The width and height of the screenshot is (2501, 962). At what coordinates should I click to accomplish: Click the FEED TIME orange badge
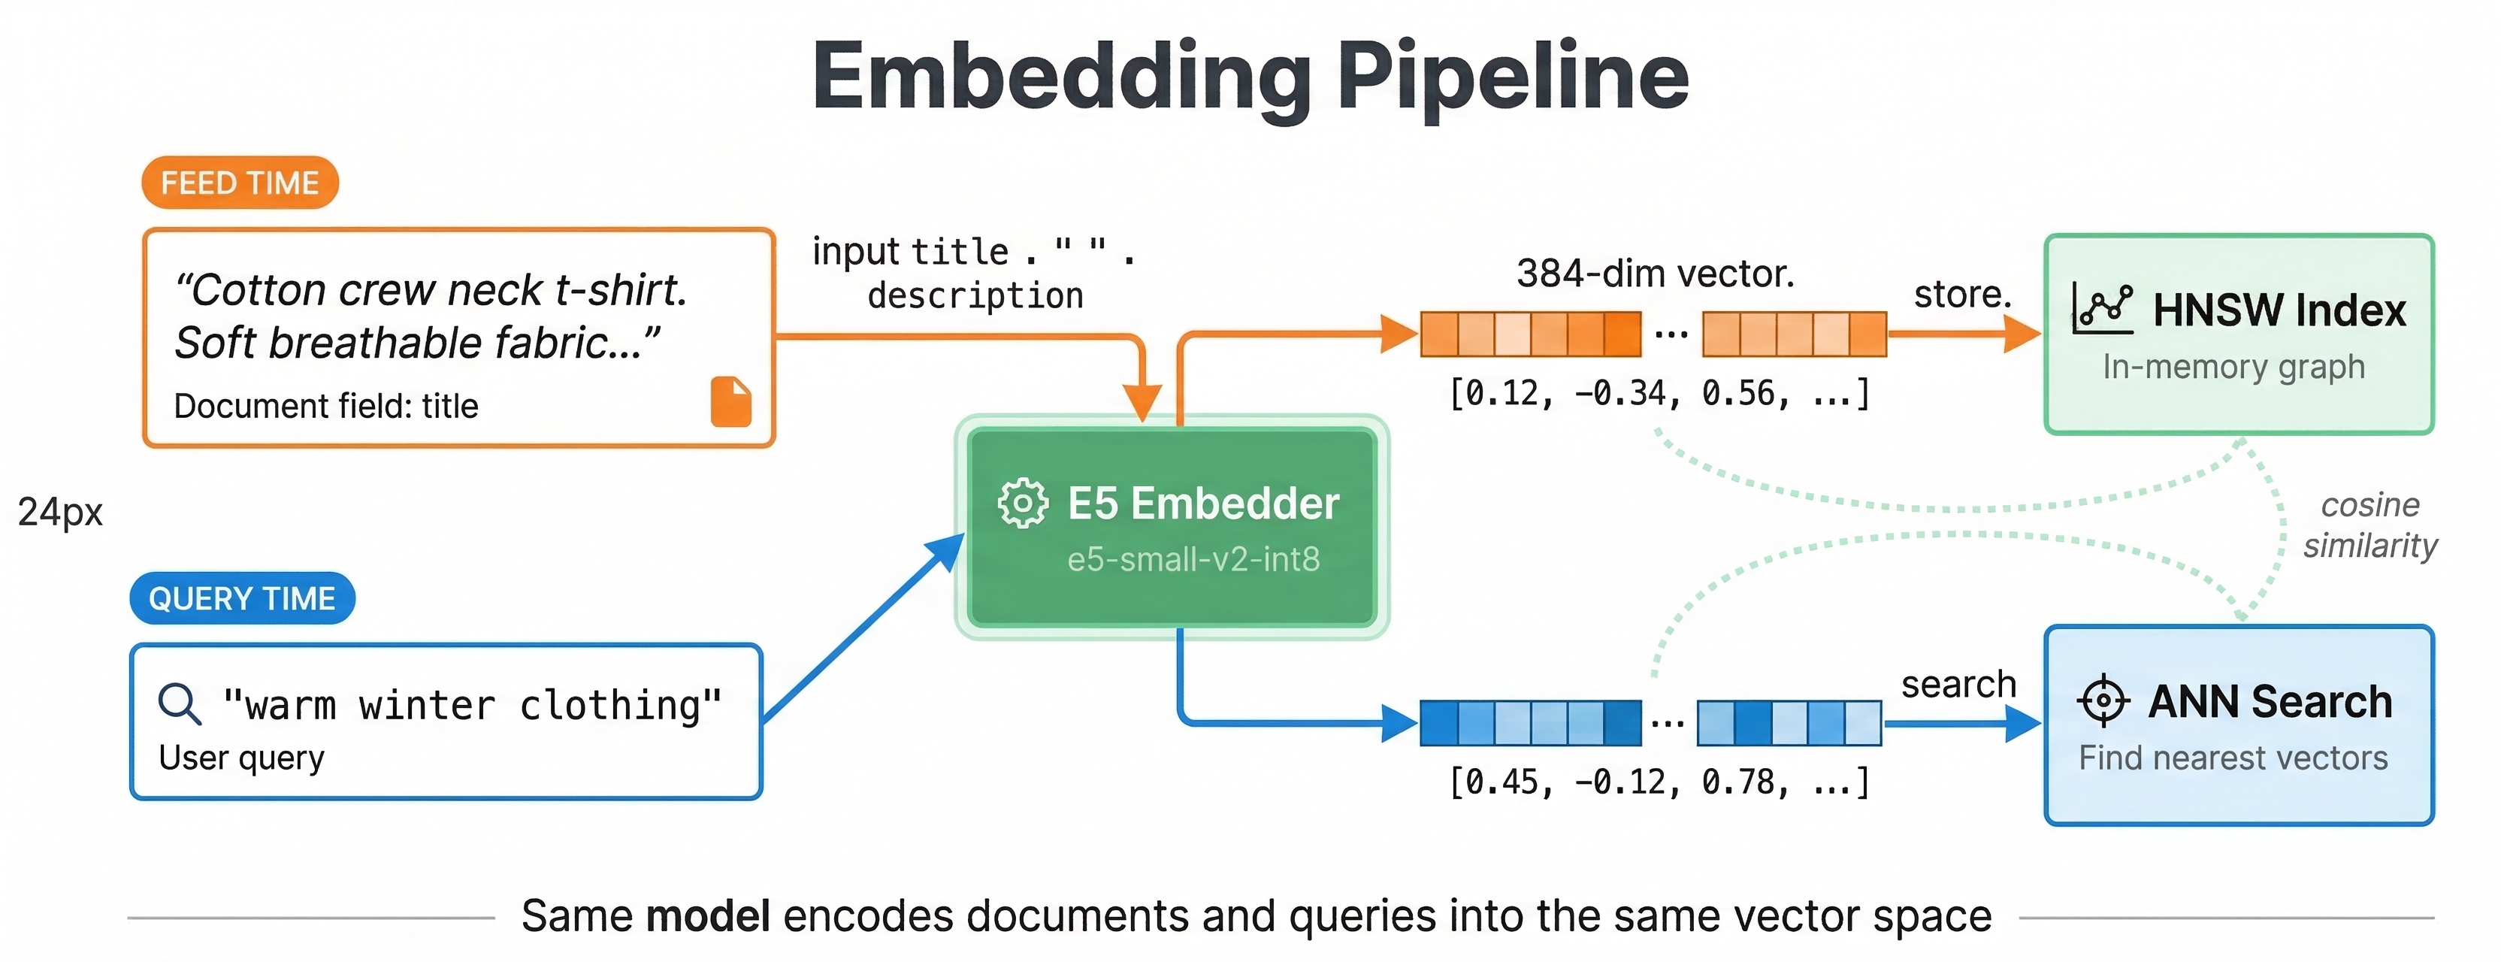coord(240,183)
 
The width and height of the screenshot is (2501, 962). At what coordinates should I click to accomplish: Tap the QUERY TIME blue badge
coord(242,598)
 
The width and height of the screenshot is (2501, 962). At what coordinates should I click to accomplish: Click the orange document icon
coord(731,402)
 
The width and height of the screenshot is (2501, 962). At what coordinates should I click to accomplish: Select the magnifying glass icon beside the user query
coord(180,703)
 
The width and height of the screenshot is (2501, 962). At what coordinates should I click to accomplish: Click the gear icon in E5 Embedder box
coord(1022,503)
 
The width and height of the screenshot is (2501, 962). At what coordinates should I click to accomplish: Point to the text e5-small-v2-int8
coord(1193,559)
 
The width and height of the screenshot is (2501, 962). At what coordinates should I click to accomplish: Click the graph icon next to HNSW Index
coord(2102,310)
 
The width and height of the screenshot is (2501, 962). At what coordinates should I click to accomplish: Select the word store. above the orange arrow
coord(1962,294)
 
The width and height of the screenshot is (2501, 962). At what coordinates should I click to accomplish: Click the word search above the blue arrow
coord(1958,685)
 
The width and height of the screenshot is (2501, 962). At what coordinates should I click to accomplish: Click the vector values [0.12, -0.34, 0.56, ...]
coord(1659,393)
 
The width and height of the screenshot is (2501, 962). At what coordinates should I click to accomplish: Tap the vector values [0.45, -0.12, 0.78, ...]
coord(1659,782)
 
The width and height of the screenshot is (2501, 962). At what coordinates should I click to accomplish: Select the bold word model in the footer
coord(708,915)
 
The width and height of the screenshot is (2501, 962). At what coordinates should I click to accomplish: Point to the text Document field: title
coord(325,406)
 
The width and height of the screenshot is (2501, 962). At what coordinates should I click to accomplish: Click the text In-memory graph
coord(2233,367)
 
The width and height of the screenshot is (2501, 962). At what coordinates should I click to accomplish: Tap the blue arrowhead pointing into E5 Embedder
coord(945,552)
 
